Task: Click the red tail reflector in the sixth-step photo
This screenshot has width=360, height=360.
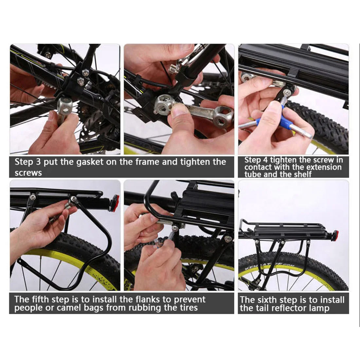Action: pyautogui.click(x=335, y=234)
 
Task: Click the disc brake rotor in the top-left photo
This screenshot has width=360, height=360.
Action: pyautogui.click(x=93, y=128)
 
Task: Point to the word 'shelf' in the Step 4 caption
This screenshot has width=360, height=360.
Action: pyautogui.click(x=300, y=174)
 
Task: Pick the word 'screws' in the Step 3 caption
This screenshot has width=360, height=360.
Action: pyautogui.click(x=28, y=173)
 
